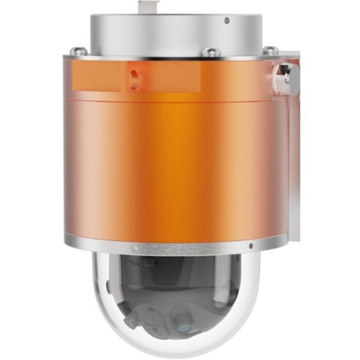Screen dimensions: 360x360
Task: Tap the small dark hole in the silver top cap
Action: coord(227,21)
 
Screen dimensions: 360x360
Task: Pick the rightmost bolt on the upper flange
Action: coord(270,51)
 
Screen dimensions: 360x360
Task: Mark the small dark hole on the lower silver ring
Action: coord(251,246)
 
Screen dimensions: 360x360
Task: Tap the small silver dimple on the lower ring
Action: coord(135,246)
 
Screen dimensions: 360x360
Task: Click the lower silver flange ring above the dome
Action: coord(179,244)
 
